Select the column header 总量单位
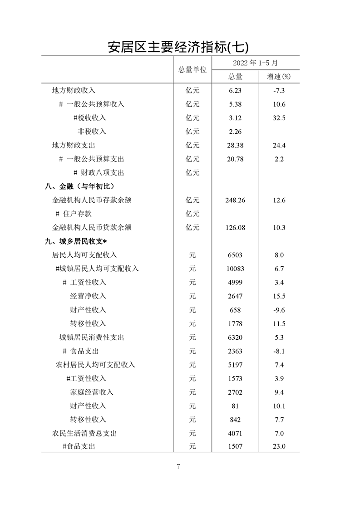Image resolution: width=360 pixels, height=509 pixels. [192, 70]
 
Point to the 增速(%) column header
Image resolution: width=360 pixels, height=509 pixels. [279, 77]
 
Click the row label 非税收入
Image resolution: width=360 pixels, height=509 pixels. [92, 132]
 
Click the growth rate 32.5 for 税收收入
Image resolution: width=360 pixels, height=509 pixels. [279, 118]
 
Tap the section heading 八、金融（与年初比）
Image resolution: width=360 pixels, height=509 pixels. [79, 186]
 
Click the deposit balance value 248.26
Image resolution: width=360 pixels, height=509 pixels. [235, 200]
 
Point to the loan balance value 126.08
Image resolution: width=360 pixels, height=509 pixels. [235, 228]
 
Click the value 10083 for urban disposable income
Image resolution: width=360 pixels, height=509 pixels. [235, 269]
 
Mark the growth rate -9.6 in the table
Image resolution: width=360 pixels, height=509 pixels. [279, 310]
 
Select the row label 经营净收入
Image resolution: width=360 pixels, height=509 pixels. [88, 296]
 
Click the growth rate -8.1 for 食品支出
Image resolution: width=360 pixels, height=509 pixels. [279, 351]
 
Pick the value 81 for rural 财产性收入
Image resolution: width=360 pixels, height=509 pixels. [235, 406]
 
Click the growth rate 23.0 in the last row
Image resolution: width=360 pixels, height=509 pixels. [279, 447]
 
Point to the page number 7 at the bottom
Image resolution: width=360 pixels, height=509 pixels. [178, 467]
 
